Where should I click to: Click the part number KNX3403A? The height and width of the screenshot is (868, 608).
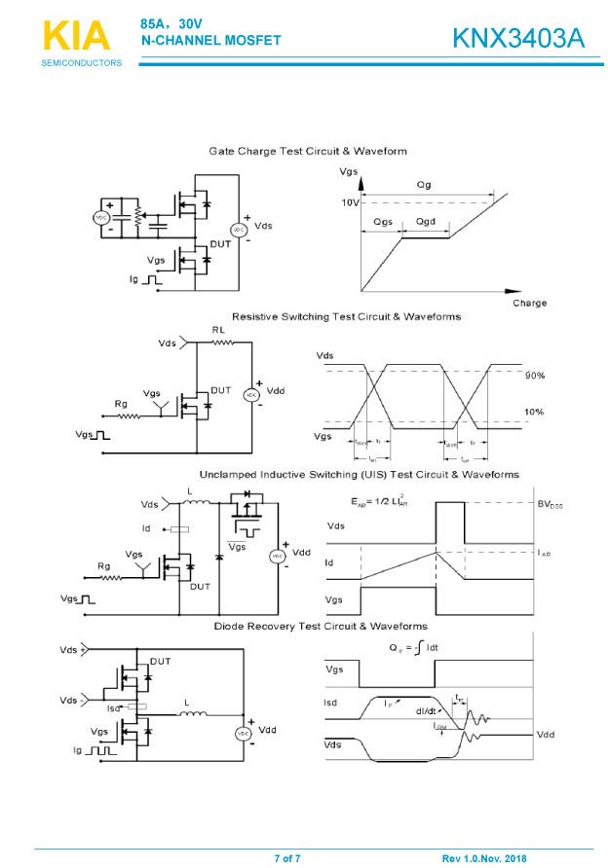(x=517, y=38)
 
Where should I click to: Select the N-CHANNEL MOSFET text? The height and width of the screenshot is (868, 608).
(x=210, y=41)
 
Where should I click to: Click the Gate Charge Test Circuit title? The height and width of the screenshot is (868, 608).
(x=308, y=151)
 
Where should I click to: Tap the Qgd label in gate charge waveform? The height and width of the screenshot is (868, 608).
(x=426, y=222)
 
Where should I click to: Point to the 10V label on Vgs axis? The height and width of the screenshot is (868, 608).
(x=350, y=202)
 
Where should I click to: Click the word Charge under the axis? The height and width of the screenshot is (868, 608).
(x=529, y=303)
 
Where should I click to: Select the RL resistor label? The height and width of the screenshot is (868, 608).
(x=219, y=330)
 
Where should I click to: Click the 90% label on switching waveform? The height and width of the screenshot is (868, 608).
(x=535, y=375)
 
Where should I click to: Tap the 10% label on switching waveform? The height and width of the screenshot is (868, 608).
(x=535, y=412)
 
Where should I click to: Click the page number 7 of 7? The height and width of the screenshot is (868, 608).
(x=287, y=858)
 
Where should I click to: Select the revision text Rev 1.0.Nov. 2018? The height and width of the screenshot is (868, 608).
(x=483, y=858)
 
